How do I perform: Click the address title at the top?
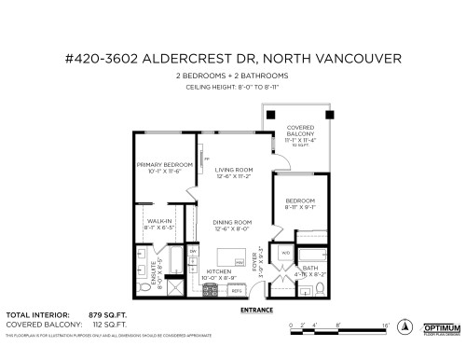point(232,59)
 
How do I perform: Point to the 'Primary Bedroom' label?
point(164,168)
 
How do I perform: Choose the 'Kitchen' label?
point(218,272)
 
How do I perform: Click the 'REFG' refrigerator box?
point(237,290)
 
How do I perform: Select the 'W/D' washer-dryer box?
point(284,252)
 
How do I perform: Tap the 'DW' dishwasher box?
point(193,252)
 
